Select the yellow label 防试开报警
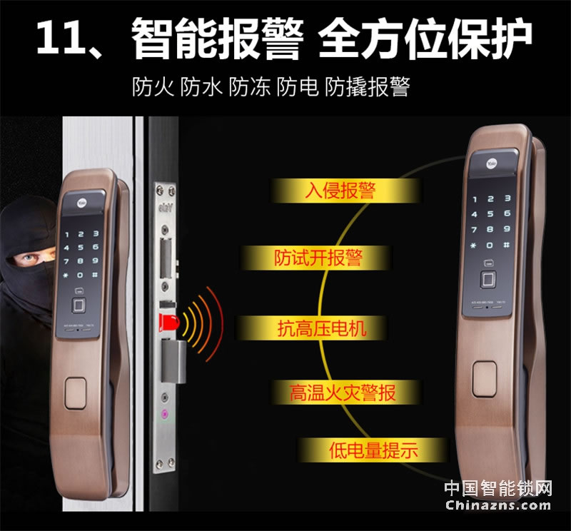[x=318, y=258]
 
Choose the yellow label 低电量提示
[x=373, y=450]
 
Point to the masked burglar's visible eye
[x=26, y=257]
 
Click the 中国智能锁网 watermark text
[x=499, y=488]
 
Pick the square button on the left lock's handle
[x=76, y=393]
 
